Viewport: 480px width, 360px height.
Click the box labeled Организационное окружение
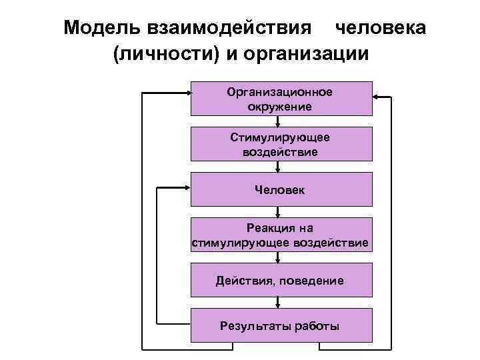(281, 99)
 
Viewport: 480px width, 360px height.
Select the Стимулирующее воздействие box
(281, 144)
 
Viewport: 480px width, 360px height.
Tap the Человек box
(281, 190)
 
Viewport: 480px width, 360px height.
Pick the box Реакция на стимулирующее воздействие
(281, 235)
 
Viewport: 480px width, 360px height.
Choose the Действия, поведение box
(281, 281)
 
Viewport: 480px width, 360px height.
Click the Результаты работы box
(281, 326)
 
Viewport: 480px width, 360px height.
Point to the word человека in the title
(380, 28)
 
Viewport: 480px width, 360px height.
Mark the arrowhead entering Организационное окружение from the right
(377, 97)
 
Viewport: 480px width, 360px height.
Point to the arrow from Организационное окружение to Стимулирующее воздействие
(278, 122)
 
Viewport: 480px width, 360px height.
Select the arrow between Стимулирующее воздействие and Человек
(278, 167)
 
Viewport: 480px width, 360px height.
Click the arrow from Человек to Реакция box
(278, 213)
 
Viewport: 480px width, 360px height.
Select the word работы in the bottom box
(316, 326)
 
